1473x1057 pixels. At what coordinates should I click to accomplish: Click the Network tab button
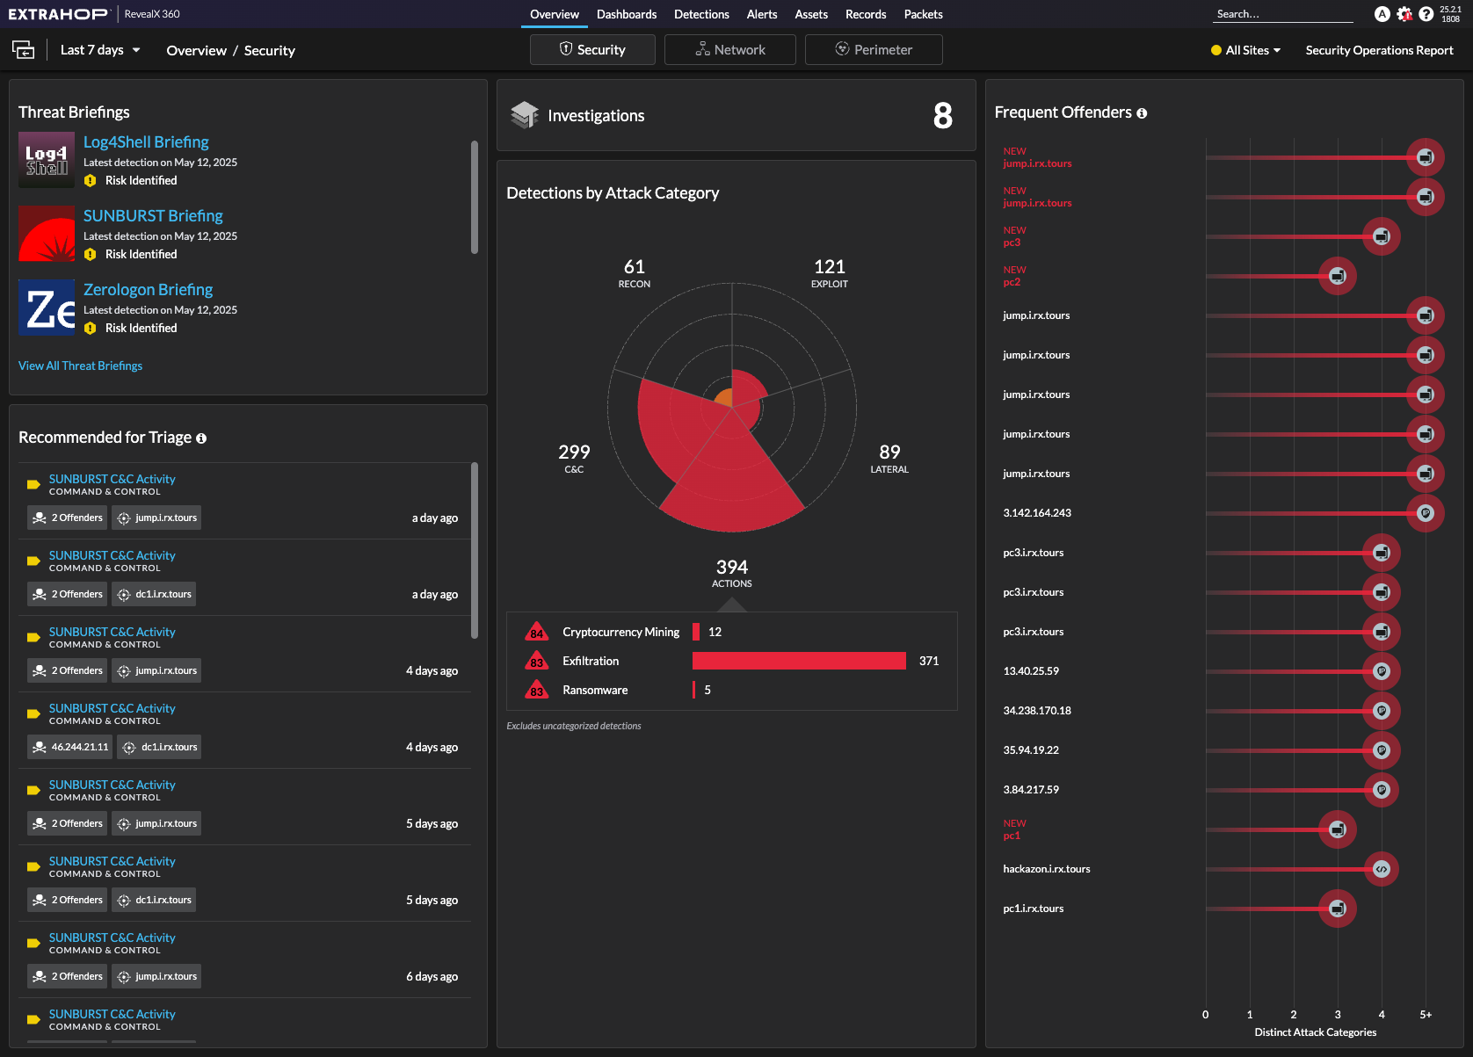point(729,50)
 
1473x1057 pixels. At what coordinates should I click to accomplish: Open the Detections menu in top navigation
point(701,14)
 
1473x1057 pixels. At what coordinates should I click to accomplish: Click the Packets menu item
point(923,14)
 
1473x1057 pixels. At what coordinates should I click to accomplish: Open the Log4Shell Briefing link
point(146,142)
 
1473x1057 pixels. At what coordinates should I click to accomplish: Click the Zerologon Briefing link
point(148,290)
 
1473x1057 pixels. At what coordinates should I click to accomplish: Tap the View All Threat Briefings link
point(80,366)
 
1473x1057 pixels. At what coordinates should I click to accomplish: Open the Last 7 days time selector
point(99,50)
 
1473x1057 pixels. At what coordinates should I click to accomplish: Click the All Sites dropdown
point(1246,50)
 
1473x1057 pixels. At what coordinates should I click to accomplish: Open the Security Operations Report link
point(1379,50)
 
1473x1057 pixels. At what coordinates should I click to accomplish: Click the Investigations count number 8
point(942,116)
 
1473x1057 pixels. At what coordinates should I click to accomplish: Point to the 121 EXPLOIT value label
point(830,271)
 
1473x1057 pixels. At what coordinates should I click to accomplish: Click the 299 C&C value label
point(574,457)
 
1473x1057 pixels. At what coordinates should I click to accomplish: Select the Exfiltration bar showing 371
point(799,661)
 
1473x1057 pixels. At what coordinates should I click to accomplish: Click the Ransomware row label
point(595,690)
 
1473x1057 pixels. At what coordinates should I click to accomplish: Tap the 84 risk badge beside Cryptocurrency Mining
point(536,633)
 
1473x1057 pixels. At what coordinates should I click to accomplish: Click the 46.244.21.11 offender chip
point(70,747)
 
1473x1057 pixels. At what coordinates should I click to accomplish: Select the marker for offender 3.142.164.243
point(1425,513)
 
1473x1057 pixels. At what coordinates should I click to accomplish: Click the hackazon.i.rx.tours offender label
point(1046,869)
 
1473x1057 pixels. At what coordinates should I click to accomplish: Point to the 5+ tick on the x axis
point(1425,1015)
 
